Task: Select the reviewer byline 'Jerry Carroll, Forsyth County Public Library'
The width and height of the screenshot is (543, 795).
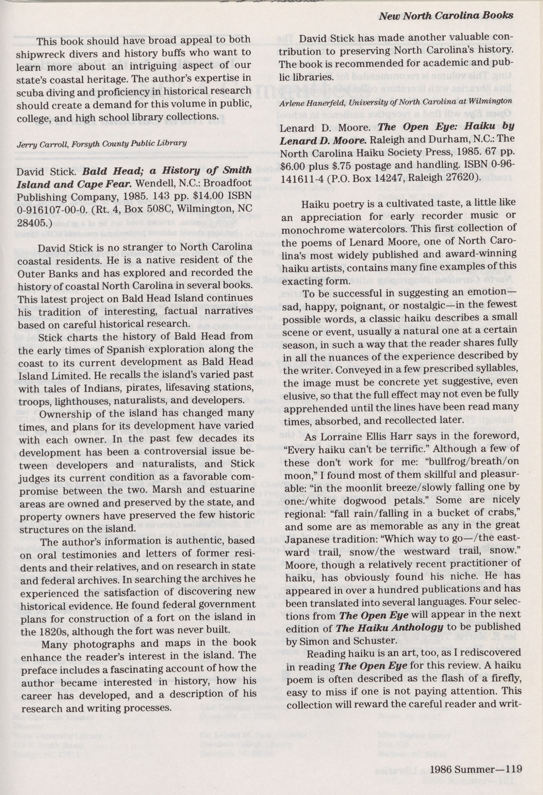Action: pyautogui.click(x=102, y=143)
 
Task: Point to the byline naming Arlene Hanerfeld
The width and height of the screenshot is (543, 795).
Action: pyautogui.click(x=396, y=102)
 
